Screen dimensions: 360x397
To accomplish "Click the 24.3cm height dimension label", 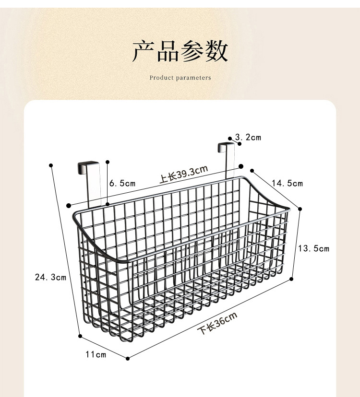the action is pyautogui.click(x=50, y=277).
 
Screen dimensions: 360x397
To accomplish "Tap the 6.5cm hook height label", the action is pyautogui.click(x=122, y=183).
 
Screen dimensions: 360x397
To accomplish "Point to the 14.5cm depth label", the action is pyautogui.click(x=287, y=183).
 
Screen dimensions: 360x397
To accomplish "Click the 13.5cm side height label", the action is pyautogui.click(x=313, y=248).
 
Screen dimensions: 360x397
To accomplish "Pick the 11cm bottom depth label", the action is pyautogui.click(x=96, y=355).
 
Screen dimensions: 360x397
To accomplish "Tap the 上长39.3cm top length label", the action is pyautogui.click(x=183, y=174).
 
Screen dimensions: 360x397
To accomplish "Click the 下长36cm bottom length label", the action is pyautogui.click(x=218, y=323).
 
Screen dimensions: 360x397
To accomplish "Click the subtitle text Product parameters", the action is pyautogui.click(x=180, y=78).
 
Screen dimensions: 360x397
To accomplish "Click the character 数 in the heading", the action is pyautogui.click(x=216, y=52).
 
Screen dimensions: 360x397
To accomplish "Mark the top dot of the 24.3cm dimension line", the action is pyautogui.click(x=51, y=165).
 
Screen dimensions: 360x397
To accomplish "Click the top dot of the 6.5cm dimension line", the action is pyautogui.click(x=108, y=162).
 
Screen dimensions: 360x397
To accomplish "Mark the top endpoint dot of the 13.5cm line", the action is pyautogui.click(x=300, y=209).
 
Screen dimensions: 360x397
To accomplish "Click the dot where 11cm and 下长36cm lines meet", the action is pyautogui.click(x=128, y=358).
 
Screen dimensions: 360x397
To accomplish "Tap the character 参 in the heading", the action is pyautogui.click(x=192, y=52).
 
